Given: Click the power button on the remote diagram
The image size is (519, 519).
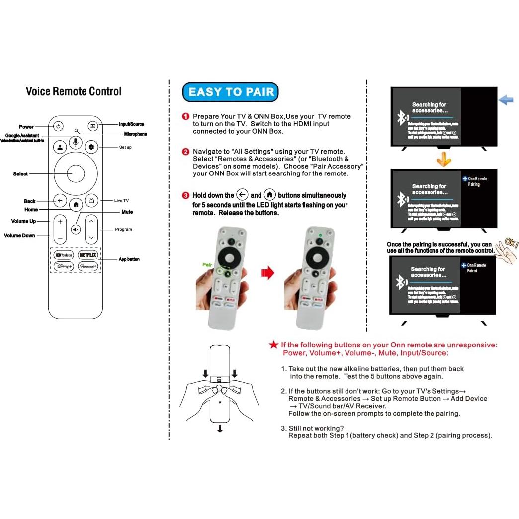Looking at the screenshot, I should click(58, 126).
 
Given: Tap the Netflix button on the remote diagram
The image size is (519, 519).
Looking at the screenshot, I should click(88, 255).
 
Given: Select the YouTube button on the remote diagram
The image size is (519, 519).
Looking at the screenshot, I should click(64, 255).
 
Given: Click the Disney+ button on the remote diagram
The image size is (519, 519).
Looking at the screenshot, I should click(64, 266).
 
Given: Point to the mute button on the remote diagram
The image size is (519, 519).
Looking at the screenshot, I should click(76, 230).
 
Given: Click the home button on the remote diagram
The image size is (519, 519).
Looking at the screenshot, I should click(76, 204).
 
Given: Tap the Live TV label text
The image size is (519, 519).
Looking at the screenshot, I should click(121, 201).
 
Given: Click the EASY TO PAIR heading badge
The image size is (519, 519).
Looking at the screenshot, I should click(231, 92).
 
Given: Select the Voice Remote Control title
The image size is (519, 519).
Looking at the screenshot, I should click(74, 91).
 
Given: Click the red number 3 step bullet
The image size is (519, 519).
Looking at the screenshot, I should click(186, 195).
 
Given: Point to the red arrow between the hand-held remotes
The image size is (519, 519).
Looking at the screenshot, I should click(267, 273).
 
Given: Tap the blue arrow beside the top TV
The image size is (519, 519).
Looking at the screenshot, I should click(506, 100).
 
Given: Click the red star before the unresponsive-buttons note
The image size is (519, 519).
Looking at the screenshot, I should click(273, 345).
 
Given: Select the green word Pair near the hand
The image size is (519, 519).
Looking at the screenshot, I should click(207, 265).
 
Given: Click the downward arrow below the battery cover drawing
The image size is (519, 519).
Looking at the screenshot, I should click(220, 428).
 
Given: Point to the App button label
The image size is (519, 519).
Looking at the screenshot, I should click(129, 259).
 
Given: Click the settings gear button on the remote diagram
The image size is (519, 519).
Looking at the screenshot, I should click(91, 147).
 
